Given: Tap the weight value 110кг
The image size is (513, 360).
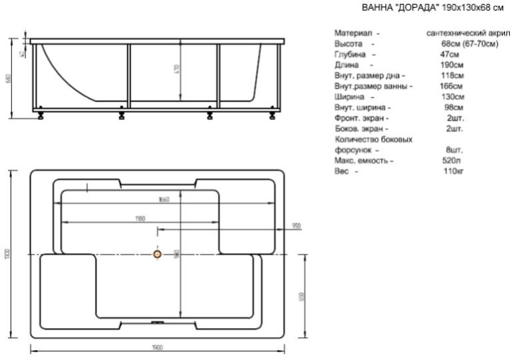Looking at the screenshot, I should pos(454,171).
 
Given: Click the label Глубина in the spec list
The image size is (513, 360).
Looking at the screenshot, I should pos(351,54).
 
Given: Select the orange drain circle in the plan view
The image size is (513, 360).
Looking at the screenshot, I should pos(157,254).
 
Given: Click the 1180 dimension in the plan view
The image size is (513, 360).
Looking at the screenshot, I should pos(141,218).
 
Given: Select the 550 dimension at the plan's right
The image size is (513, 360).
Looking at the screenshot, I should pos(301,296).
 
